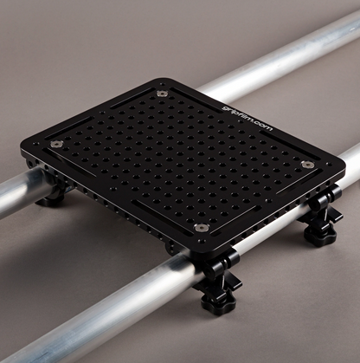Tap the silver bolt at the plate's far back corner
coord(162,91)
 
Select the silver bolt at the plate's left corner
coord(57,144)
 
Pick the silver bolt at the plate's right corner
coord(307,164)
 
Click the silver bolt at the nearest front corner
coord(202,227)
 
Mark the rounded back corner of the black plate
coord(164,82)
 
